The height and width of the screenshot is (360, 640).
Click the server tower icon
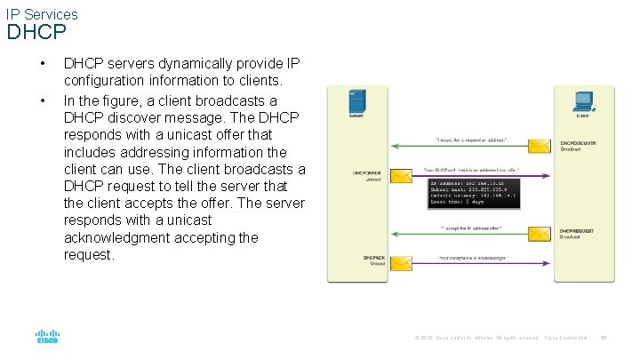point(356,100)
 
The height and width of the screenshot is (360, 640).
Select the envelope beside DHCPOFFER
point(402,175)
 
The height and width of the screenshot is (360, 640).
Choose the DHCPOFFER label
point(367,172)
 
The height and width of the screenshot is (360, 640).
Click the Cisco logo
point(47,337)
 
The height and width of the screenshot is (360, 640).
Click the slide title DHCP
point(36,34)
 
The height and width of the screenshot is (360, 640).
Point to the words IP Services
point(42,14)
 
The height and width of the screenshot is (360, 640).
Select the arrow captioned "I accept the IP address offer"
point(471,236)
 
